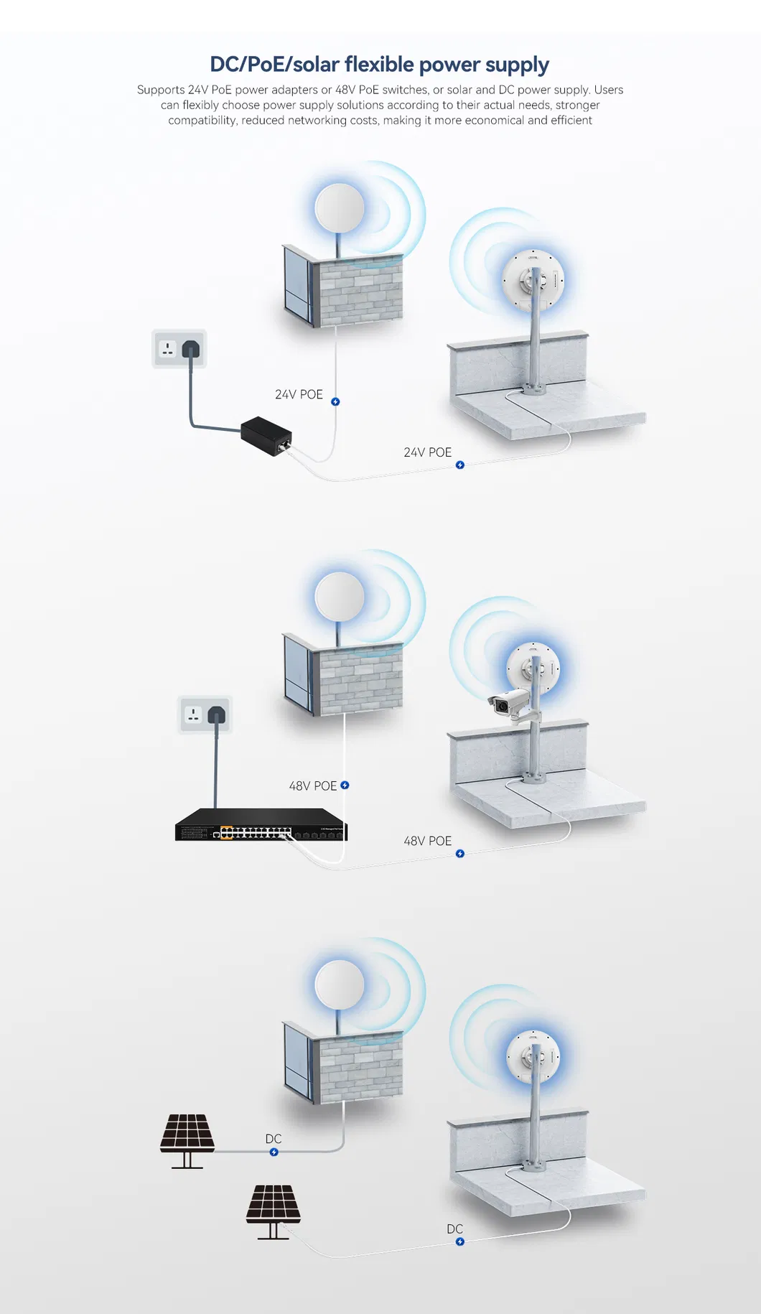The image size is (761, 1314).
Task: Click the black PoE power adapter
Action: pyautogui.click(x=266, y=436)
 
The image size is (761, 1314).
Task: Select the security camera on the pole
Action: pyautogui.click(x=511, y=704)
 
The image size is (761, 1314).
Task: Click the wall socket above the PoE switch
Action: pyautogui.click(x=205, y=714)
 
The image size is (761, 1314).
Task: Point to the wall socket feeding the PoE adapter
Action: pyautogui.click(x=179, y=349)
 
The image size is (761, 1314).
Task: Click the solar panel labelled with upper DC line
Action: pyautogui.click(x=187, y=1141)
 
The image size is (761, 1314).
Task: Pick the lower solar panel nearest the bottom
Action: pyautogui.click(x=274, y=1212)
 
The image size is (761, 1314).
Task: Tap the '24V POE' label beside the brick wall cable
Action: pyautogui.click(x=299, y=395)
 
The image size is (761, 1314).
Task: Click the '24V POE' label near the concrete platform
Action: pyautogui.click(x=427, y=452)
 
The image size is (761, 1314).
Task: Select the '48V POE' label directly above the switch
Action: pyautogui.click(x=312, y=786)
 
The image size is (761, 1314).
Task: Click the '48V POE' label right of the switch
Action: pyautogui.click(x=427, y=841)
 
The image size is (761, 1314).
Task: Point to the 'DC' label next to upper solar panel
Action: pyautogui.click(x=274, y=1139)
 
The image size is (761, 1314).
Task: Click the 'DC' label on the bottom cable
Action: pyautogui.click(x=454, y=1229)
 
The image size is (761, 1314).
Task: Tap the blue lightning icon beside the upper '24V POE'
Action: pyautogui.click(x=335, y=402)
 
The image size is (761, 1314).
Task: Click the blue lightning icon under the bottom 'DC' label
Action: pyautogui.click(x=460, y=1241)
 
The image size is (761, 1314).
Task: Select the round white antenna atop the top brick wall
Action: pyautogui.click(x=340, y=208)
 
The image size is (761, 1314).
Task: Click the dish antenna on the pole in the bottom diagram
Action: pyautogui.click(x=533, y=1057)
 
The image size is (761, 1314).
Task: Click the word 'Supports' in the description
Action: pyautogui.click(x=161, y=90)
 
